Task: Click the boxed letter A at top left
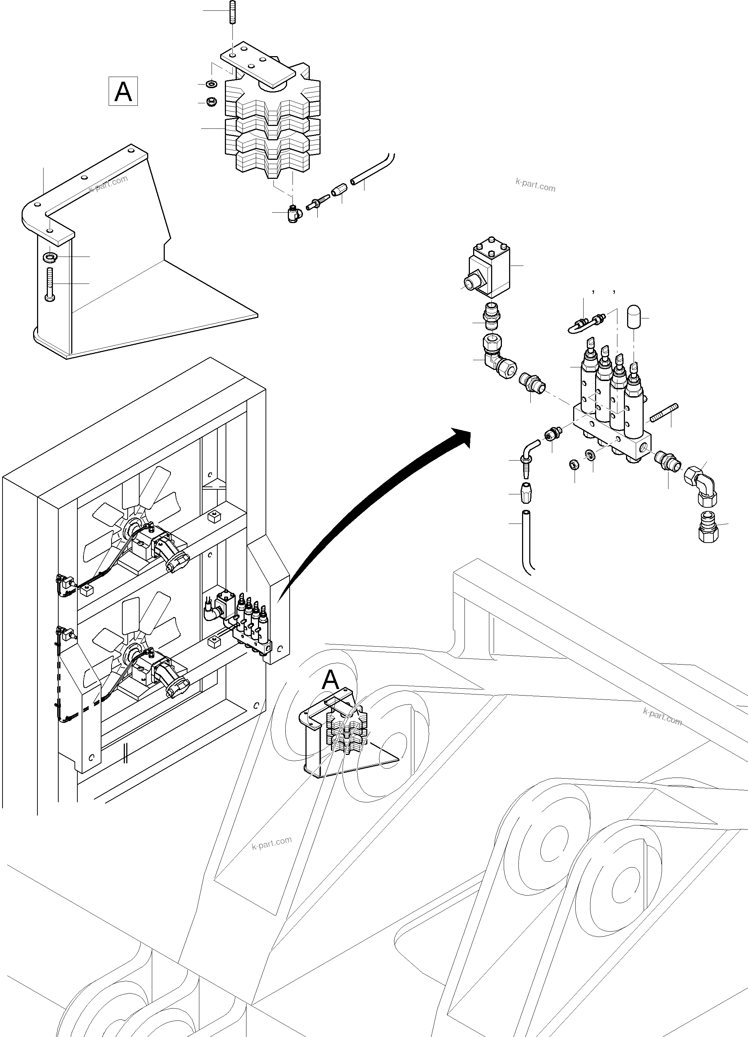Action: [x=123, y=91]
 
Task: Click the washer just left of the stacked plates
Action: [x=211, y=85]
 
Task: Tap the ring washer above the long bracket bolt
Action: [x=49, y=257]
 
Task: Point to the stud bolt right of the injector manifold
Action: [x=663, y=413]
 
